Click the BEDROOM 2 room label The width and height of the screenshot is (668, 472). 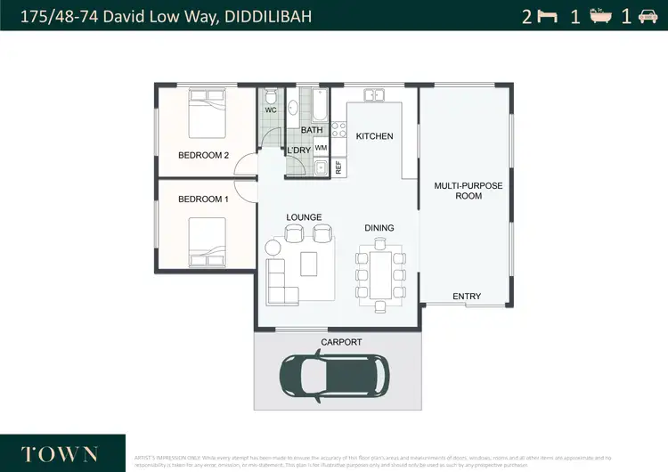[203, 155]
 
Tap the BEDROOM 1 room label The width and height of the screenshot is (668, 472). [203, 199]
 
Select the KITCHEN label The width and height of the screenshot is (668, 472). [374, 136]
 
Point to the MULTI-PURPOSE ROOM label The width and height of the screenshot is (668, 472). [468, 191]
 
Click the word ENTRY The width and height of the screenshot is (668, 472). [467, 297]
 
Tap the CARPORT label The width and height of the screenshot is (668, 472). [341, 342]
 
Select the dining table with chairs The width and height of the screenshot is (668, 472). [380, 274]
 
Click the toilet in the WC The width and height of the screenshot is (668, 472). [271, 97]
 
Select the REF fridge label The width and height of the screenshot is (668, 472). [338, 167]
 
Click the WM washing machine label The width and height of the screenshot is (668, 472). [321, 147]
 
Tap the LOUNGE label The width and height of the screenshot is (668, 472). [304, 216]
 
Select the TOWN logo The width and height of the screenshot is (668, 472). [61, 452]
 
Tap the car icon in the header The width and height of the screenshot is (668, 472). [648, 16]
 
